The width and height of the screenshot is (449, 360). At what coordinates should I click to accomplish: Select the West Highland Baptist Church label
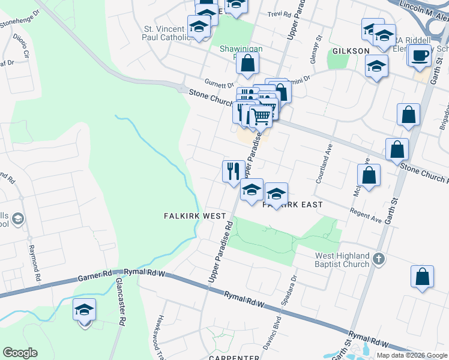click(342, 260)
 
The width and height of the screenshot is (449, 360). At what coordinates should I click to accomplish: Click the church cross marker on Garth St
click(379, 260)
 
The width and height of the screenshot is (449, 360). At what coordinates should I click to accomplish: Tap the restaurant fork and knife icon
click(232, 171)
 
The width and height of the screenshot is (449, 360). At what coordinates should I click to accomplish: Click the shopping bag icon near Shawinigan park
click(247, 63)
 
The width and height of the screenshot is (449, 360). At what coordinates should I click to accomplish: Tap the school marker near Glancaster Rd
click(85, 310)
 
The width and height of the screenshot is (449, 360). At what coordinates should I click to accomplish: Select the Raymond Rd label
click(34, 263)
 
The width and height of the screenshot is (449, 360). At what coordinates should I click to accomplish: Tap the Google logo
click(20, 353)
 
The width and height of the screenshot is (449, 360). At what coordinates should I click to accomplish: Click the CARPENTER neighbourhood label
click(234, 358)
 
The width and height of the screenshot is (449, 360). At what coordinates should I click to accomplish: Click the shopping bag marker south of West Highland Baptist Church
click(422, 277)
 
